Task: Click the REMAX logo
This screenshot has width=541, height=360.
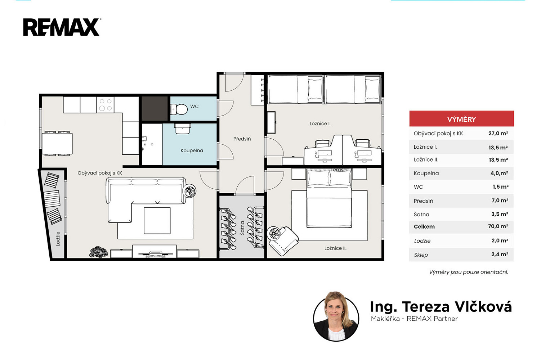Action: tap(62, 27)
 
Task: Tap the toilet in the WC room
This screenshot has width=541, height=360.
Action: tap(179, 109)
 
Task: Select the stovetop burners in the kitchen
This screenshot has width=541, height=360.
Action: tap(106, 105)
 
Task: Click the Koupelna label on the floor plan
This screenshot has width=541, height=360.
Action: tap(192, 151)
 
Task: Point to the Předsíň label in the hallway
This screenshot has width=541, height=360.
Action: tap(242, 139)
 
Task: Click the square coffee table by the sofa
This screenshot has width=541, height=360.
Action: tap(157, 221)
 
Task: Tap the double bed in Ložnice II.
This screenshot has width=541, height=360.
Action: tap(329, 198)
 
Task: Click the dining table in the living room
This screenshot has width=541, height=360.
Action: tap(57, 144)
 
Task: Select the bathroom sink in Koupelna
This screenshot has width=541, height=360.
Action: tap(183, 129)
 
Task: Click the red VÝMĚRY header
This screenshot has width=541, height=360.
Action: tap(461, 118)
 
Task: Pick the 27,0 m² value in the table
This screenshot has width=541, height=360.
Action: tap(498, 133)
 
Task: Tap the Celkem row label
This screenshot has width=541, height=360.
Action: tap(424, 227)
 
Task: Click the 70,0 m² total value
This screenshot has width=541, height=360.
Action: tap(498, 226)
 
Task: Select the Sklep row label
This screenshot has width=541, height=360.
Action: tap(421, 255)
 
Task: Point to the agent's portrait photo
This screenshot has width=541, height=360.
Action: tap(336, 316)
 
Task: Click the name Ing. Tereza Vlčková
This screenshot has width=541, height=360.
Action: tap(441, 307)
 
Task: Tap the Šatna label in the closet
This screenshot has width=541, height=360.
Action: tap(242, 228)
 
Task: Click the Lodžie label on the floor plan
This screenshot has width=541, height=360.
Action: tap(58, 239)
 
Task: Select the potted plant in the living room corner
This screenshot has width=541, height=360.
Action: tap(99, 252)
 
